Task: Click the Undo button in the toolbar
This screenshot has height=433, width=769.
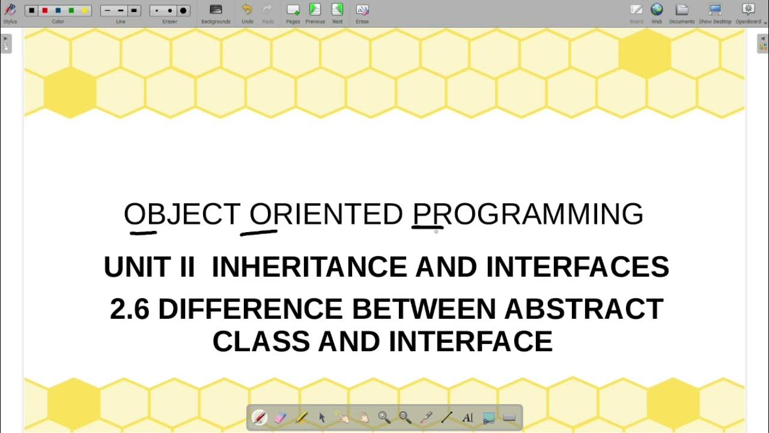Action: pos(247,10)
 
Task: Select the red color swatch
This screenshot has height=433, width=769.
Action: pos(45,11)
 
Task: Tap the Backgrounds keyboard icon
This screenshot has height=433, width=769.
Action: pos(216,10)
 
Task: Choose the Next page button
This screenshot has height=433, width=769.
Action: pos(337,10)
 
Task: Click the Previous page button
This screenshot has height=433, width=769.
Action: pos(315,10)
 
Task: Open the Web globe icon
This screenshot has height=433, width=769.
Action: pos(657,10)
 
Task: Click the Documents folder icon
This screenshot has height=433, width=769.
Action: pos(681,10)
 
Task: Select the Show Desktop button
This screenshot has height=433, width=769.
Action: pos(715,10)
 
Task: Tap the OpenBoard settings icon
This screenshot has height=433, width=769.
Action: pos(748,10)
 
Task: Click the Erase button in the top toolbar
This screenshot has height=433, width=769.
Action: pos(362,10)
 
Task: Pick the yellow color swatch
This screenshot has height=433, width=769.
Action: pos(85,11)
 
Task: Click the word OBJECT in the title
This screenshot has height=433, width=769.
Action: pos(182,215)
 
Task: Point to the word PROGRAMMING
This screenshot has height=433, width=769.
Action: pos(527,215)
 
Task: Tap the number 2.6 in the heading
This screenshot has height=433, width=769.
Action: pos(129,309)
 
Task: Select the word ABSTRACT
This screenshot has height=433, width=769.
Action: pos(583,309)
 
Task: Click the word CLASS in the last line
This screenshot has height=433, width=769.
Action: pos(261,342)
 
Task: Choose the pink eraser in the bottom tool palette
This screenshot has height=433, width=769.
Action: pos(280,417)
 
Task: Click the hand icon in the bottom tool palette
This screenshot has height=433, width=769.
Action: pos(363,417)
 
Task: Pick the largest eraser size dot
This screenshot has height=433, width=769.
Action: pos(183,11)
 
